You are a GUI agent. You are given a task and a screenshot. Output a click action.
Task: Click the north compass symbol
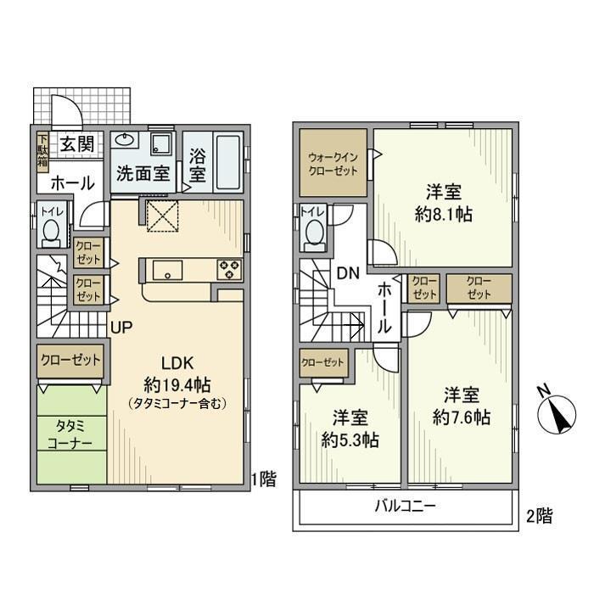pyautogui.click(x=557, y=412)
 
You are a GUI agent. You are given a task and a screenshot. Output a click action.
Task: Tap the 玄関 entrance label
pyautogui.click(x=77, y=144)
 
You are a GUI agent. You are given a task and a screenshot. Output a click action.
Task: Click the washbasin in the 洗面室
pyautogui.click(x=125, y=141)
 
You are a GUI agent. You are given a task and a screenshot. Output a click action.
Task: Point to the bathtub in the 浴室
pyautogui.click(x=228, y=162)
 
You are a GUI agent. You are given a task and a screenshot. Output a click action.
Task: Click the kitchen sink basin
pyautogui.click(x=167, y=270)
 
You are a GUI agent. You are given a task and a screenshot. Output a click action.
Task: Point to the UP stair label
pyautogui.click(x=121, y=327)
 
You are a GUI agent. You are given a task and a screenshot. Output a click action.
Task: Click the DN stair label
pyautogui.click(x=348, y=273)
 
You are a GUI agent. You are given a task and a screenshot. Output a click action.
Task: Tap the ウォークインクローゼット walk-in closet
pyautogui.click(x=333, y=163)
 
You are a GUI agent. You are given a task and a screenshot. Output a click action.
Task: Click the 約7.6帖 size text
pyautogui.click(x=462, y=417)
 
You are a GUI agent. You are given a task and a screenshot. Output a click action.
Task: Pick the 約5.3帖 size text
pyautogui.click(x=350, y=440)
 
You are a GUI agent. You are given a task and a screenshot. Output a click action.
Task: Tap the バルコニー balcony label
pyautogui.click(x=406, y=506)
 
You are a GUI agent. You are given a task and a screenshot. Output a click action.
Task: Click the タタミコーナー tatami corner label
pyautogui.click(x=70, y=435)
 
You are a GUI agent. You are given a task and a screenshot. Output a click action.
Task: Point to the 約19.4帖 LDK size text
pyautogui.click(x=177, y=385)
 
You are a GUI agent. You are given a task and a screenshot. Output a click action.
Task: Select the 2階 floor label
pyautogui.click(x=540, y=516)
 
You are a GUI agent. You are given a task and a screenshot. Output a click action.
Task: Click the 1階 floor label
pyautogui.click(x=265, y=479)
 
